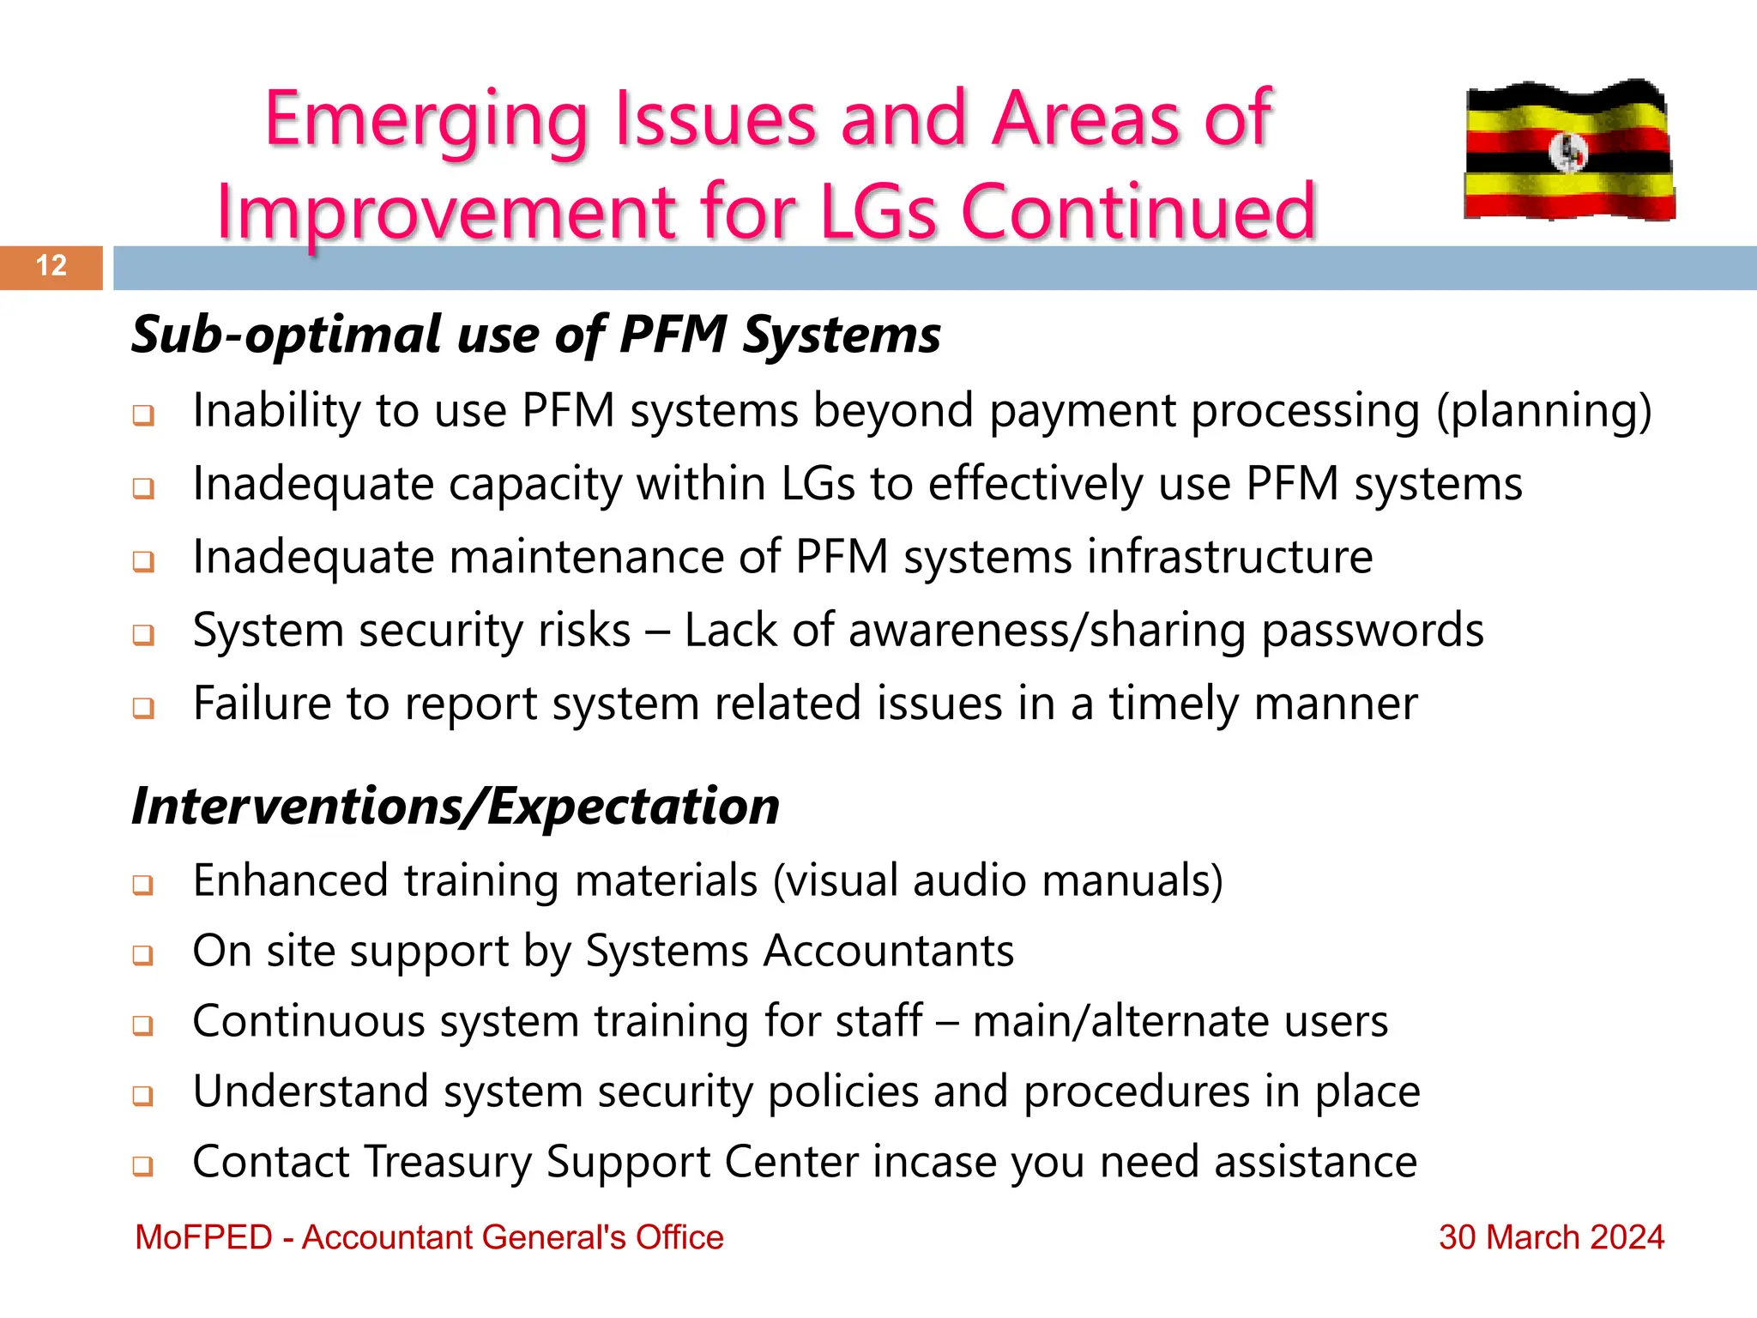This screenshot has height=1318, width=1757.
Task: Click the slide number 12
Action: (x=51, y=266)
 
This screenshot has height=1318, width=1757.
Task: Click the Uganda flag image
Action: (x=1568, y=151)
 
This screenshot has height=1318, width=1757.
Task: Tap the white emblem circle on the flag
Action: (x=1568, y=153)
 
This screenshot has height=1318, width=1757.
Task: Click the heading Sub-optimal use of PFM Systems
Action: (x=535, y=335)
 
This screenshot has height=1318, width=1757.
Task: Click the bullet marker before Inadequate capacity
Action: (x=143, y=488)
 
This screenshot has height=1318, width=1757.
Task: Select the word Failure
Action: (x=262, y=704)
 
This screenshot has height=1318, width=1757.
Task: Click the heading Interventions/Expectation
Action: (x=456, y=807)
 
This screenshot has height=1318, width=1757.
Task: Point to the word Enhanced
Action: (x=290, y=880)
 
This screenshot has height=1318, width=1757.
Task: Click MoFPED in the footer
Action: (x=203, y=1237)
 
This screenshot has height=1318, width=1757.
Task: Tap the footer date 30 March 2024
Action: (x=1550, y=1237)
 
